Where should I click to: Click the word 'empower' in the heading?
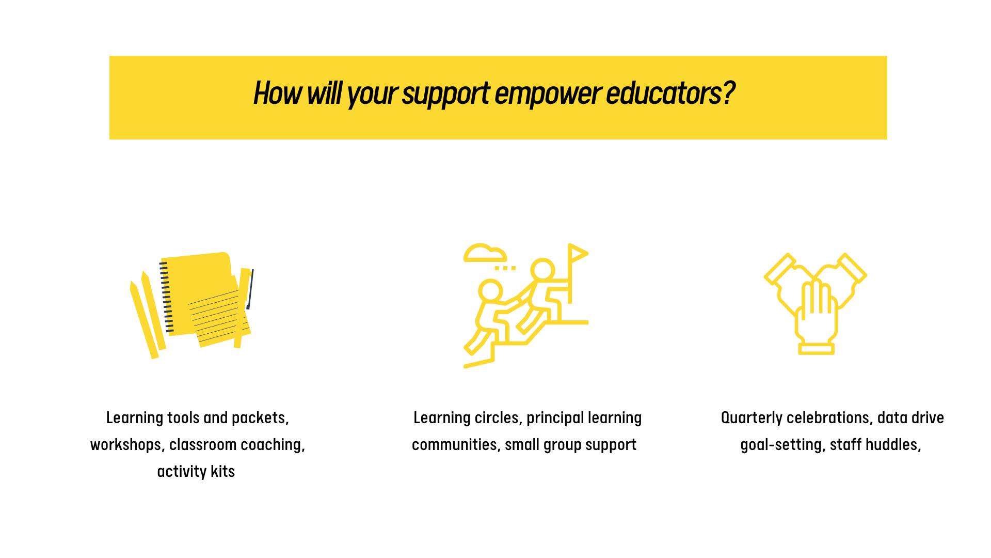point(547,94)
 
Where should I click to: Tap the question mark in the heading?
point(728,93)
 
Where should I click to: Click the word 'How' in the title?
point(278,93)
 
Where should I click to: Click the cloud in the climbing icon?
point(485,253)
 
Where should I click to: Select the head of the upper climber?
point(542,270)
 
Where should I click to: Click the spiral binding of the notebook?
point(166,297)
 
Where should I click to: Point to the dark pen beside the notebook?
point(250,289)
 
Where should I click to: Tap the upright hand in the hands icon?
point(816,318)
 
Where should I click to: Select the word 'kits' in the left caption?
point(223,471)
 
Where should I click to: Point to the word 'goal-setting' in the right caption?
point(783,445)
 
